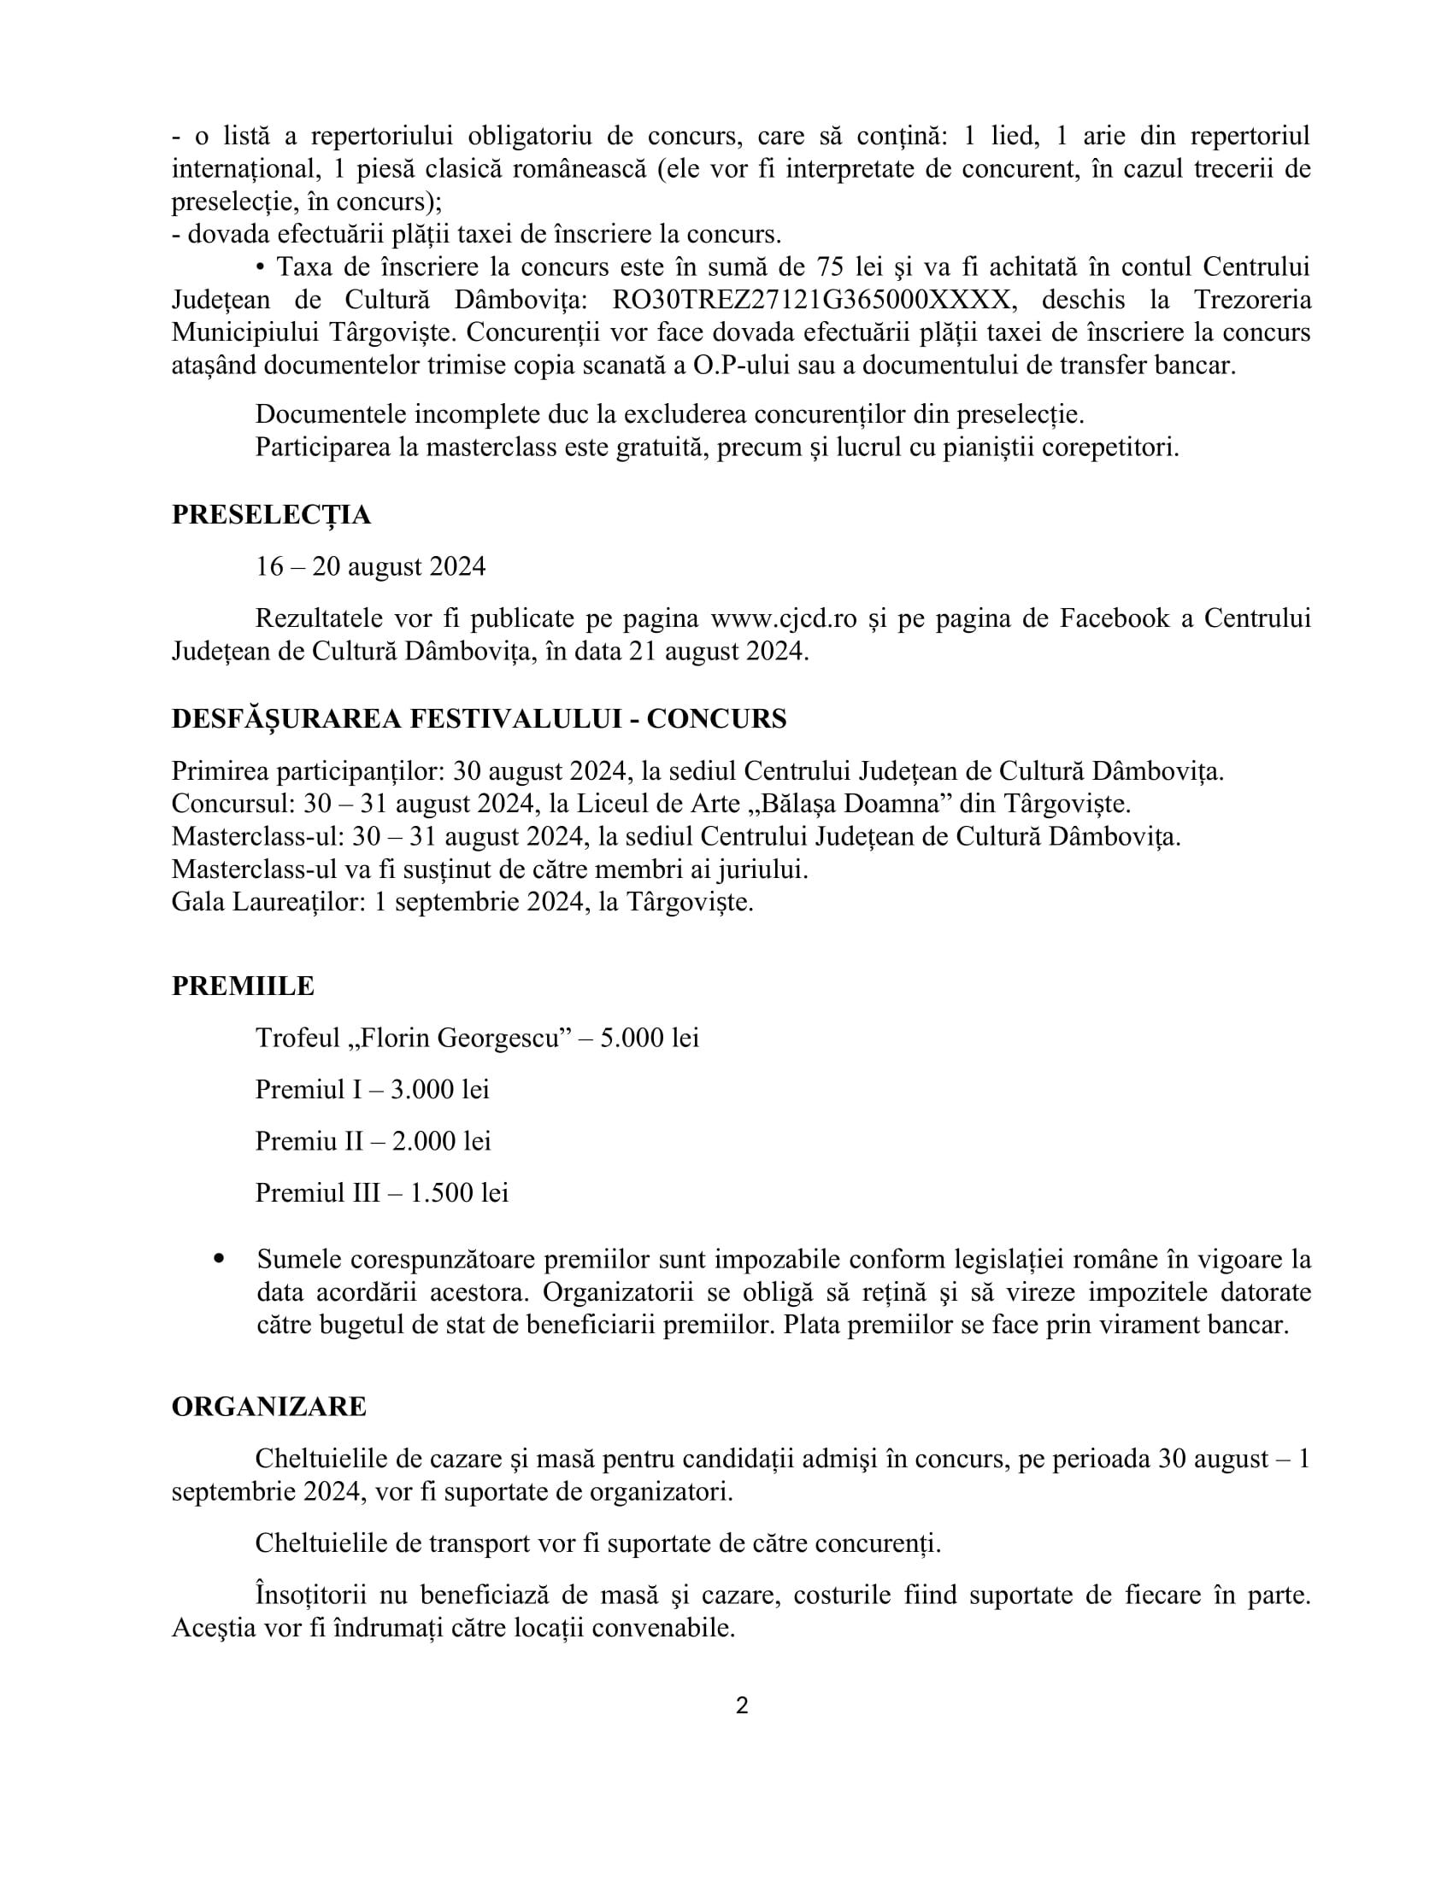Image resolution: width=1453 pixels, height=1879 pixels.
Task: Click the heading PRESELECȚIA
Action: tap(271, 514)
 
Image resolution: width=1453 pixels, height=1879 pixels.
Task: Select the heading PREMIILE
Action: tap(243, 986)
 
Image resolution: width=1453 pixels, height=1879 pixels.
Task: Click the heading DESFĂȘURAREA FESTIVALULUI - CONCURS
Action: tap(479, 719)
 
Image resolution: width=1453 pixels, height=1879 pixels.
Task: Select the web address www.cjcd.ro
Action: tap(782, 618)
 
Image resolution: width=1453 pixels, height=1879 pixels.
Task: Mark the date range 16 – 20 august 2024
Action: tap(370, 567)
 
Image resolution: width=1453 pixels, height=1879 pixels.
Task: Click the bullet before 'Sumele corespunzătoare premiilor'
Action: tap(220, 1259)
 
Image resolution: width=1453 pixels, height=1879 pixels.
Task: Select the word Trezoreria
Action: tap(1252, 301)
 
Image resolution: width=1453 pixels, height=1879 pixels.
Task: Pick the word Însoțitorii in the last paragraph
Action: tap(311, 1595)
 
